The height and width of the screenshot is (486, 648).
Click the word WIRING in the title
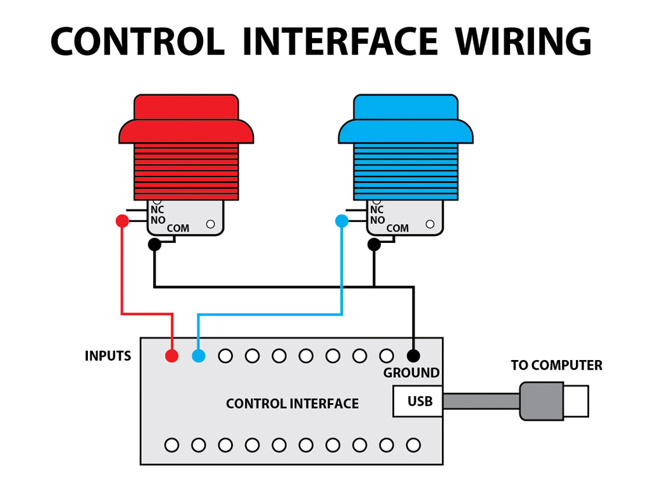pyautogui.click(x=523, y=42)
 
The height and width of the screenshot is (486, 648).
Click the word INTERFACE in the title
pyautogui.click(x=340, y=42)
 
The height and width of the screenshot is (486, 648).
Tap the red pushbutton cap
pyautogui.click(x=186, y=120)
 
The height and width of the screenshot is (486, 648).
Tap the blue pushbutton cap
pyautogui.click(x=406, y=120)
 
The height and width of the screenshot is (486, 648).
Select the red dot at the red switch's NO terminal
pyautogui.click(x=122, y=221)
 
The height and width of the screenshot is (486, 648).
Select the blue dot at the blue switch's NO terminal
pyautogui.click(x=342, y=221)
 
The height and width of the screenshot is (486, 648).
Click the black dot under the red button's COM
pyautogui.click(x=154, y=244)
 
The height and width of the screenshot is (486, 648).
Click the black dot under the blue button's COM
pyautogui.click(x=374, y=244)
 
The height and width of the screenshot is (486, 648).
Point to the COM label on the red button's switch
pyautogui.click(x=178, y=228)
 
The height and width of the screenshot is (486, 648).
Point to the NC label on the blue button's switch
pyautogui.click(x=377, y=209)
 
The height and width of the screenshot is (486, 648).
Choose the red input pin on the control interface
pyautogui.click(x=171, y=356)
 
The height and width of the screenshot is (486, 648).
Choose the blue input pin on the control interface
pyautogui.click(x=199, y=356)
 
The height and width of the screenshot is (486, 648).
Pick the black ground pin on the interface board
pyautogui.click(x=413, y=356)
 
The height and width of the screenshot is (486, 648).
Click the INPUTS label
pyautogui.click(x=108, y=356)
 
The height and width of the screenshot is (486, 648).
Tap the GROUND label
pyautogui.click(x=411, y=373)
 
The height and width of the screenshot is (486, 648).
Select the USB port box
pyautogui.click(x=418, y=401)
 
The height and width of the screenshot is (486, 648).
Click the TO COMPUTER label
pyautogui.click(x=556, y=365)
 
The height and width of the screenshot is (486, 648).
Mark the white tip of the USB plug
pyautogui.click(x=576, y=401)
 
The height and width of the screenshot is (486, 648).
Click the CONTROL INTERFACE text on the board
pyautogui.click(x=292, y=403)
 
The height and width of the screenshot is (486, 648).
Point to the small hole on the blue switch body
pyautogui.click(x=430, y=223)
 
